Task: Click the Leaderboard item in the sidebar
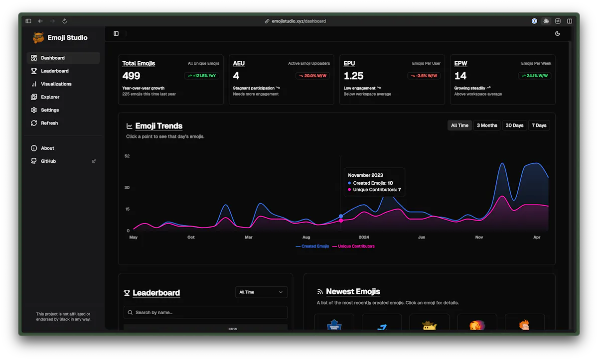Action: [x=54, y=71]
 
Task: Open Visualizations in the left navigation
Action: [x=56, y=84]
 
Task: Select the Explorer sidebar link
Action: [x=50, y=97]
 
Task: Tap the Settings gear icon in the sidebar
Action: [x=34, y=110]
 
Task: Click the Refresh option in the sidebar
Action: [x=49, y=123]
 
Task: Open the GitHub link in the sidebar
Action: [x=48, y=161]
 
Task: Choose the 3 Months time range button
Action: [x=487, y=125]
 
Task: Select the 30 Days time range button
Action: [x=514, y=125]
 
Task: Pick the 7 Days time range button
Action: [x=539, y=125]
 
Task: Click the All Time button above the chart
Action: [x=459, y=125]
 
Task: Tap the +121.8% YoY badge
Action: [x=202, y=76]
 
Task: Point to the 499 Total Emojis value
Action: [x=131, y=76]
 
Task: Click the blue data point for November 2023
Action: [x=341, y=216]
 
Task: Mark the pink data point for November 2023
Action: [x=341, y=221]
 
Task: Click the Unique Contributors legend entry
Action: [x=353, y=246]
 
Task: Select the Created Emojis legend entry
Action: [x=312, y=246]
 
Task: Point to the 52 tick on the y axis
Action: [x=127, y=156]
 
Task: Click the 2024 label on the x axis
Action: [x=364, y=238]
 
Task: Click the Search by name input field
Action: [x=205, y=313]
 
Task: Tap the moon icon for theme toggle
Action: [x=558, y=33]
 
